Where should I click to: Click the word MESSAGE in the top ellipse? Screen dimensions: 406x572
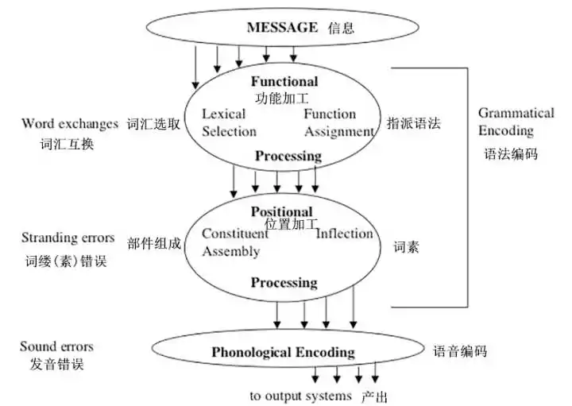point(283,27)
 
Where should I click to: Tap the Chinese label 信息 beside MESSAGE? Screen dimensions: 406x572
point(341,28)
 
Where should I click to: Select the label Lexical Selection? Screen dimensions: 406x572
point(230,122)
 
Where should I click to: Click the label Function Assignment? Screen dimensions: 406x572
point(338,122)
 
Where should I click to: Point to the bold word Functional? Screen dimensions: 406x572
point(284,81)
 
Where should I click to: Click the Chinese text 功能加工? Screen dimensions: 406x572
point(284,99)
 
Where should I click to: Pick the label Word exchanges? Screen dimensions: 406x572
point(69,124)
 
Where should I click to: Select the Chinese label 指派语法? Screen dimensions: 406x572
point(414,124)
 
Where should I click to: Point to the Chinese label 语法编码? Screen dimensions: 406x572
point(511,153)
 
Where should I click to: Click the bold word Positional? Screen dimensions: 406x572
point(282,211)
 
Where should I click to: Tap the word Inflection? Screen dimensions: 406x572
point(344,234)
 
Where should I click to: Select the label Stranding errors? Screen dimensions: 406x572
point(68,238)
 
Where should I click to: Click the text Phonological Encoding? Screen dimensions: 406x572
point(283,352)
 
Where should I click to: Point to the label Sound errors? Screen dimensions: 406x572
point(56,346)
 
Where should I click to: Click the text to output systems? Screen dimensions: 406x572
point(300,396)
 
